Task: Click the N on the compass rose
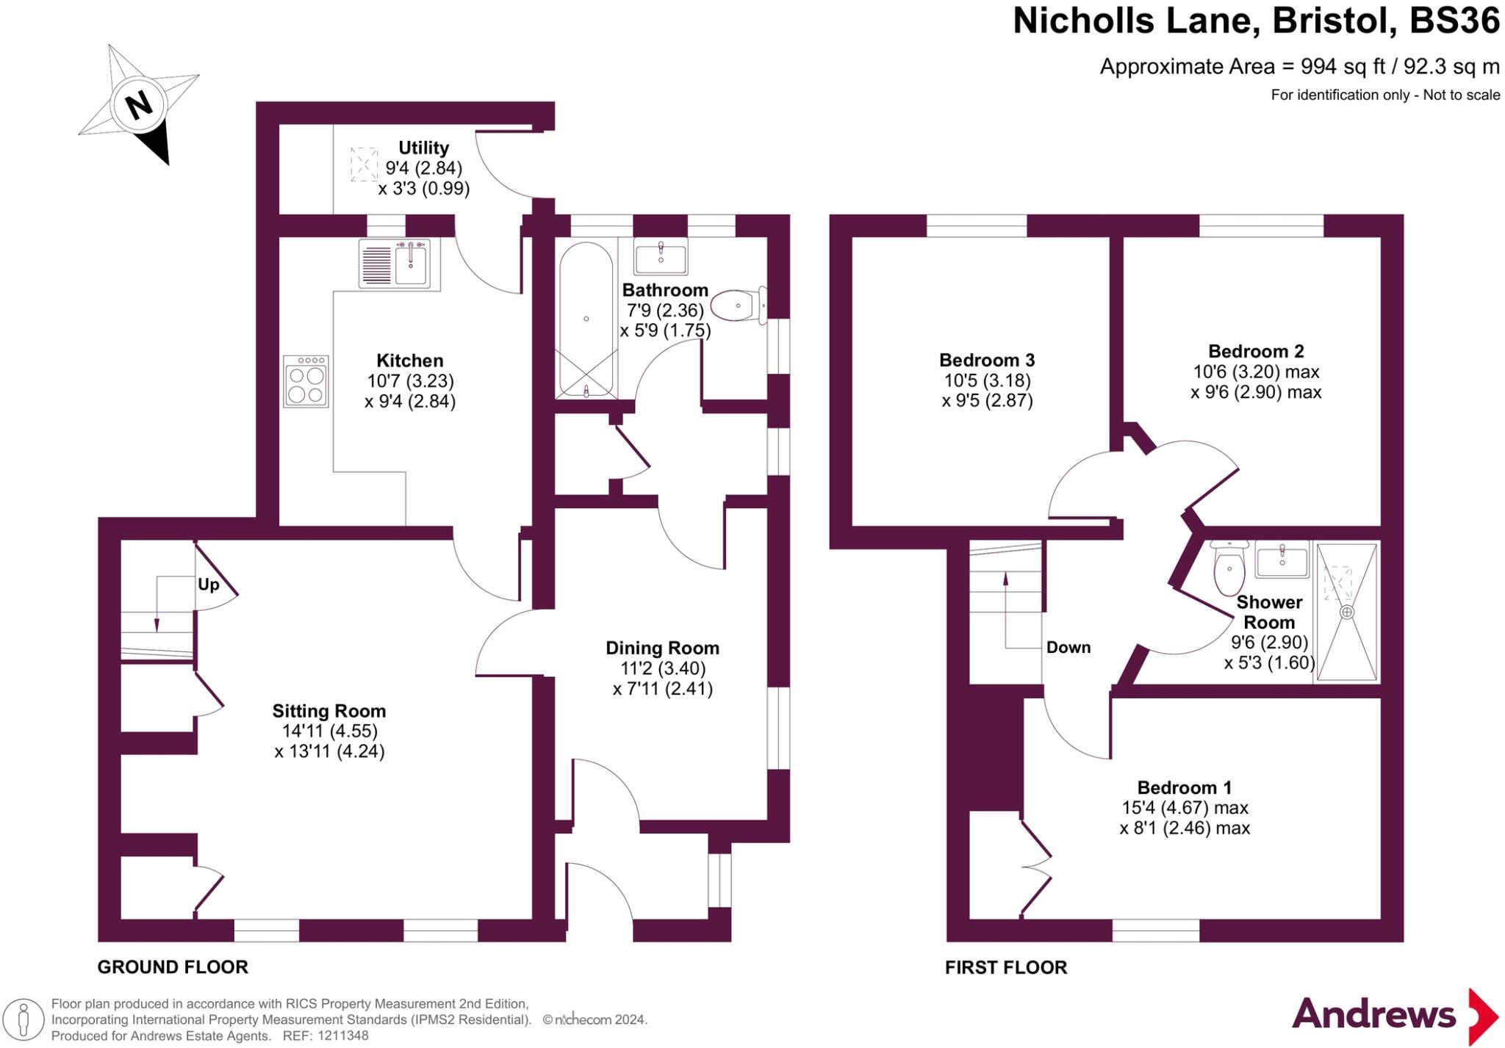click(138, 105)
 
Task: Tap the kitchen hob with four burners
click(306, 381)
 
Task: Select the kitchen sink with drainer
click(399, 264)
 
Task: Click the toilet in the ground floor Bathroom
click(738, 306)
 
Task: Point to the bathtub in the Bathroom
click(586, 319)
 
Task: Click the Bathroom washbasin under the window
click(661, 256)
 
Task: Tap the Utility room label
click(423, 148)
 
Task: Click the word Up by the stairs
click(208, 585)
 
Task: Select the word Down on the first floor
click(1068, 647)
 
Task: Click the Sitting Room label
click(328, 711)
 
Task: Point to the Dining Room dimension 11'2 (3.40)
click(662, 668)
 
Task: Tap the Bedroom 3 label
click(987, 360)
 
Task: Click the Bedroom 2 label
click(1256, 351)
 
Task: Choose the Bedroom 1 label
click(1184, 787)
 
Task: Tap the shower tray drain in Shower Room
click(1346, 612)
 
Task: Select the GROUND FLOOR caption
click(173, 966)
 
